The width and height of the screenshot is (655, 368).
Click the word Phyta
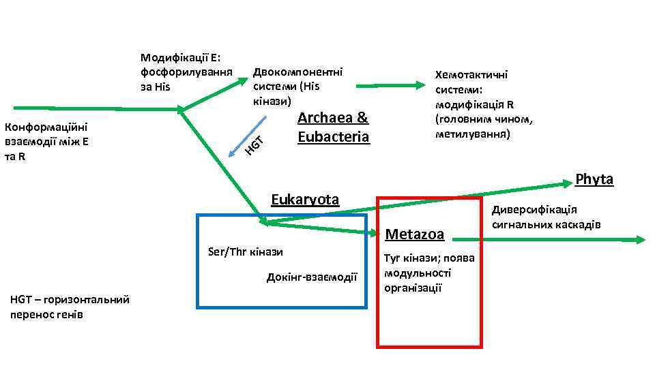[594, 179]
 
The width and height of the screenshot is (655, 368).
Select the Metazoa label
[415, 234]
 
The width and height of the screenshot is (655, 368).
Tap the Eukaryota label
[305, 200]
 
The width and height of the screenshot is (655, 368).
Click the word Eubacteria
[334, 136]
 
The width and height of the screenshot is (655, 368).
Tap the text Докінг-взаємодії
[312, 277]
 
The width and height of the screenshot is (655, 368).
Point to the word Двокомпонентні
[297, 72]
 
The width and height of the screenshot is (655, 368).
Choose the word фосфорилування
[186, 72]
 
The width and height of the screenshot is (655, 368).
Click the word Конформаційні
[44, 127]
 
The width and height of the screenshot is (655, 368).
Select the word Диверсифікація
[534, 210]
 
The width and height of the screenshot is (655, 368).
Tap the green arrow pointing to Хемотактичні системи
[390, 86]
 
